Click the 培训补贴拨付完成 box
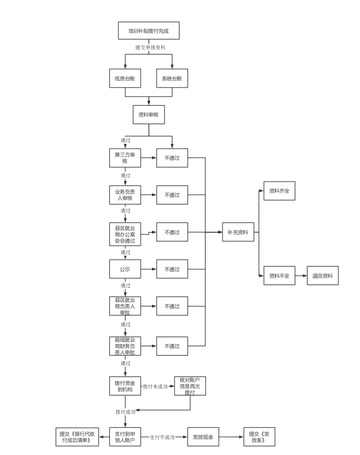click(149, 31)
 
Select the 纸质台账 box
click(125, 79)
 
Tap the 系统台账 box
click(172, 79)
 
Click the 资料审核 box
click(148, 114)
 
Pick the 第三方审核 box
click(125, 158)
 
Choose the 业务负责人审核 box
click(125, 195)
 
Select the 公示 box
click(125, 269)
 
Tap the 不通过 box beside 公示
click(172, 269)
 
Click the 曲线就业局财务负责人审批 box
click(125, 346)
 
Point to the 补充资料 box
click(238, 232)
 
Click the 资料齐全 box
click(279, 191)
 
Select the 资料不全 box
click(279, 276)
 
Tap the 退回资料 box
click(322, 276)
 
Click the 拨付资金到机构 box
click(125, 386)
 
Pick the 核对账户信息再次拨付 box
click(190, 386)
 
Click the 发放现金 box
click(203, 437)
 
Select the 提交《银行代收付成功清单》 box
click(78, 437)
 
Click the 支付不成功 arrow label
click(162, 437)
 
